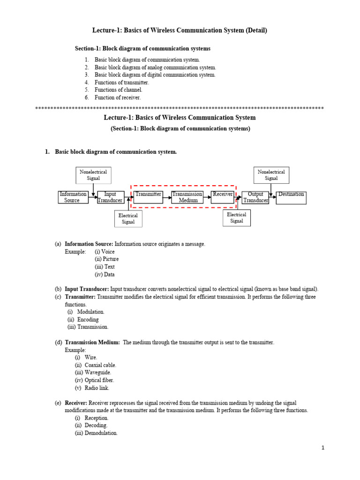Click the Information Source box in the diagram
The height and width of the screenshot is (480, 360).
(x=73, y=197)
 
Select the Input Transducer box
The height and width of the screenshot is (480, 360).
(x=110, y=197)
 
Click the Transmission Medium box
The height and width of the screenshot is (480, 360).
(x=187, y=197)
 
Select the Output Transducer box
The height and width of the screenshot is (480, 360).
(x=255, y=197)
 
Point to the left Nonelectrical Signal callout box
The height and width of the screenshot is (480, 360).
(x=93, y=175)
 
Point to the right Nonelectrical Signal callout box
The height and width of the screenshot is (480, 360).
(x=271, y=175)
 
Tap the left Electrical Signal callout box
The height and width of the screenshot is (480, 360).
(x=128, y=219)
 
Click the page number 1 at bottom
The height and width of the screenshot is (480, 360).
(x=323, y=448)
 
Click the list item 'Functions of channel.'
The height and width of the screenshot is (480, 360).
(x=118, y=90)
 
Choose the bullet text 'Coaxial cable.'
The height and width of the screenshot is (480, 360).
(x=100, y=365)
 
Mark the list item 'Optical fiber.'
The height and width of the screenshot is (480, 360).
(x=99, y=380)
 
